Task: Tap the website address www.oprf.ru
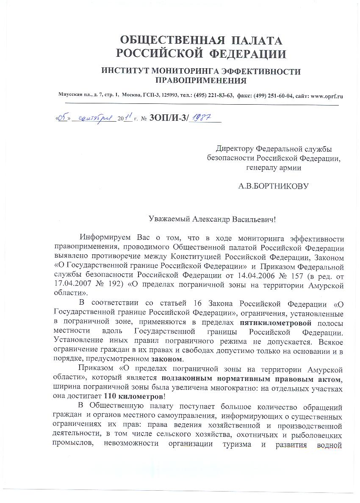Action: (x=327, y=96)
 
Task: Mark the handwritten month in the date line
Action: (x=94, y=119)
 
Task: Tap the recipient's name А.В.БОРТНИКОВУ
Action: (x=274, y=186)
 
